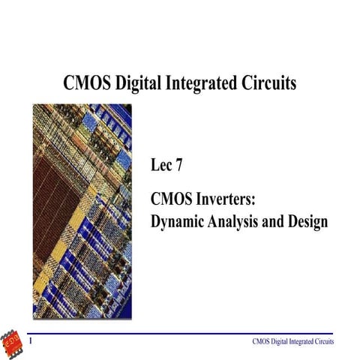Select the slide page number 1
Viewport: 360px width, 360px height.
click(30, 341)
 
